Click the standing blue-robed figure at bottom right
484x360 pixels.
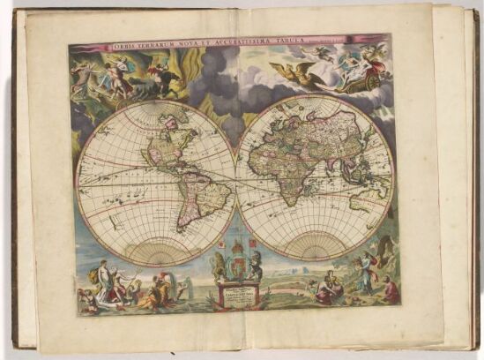[362, 273]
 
